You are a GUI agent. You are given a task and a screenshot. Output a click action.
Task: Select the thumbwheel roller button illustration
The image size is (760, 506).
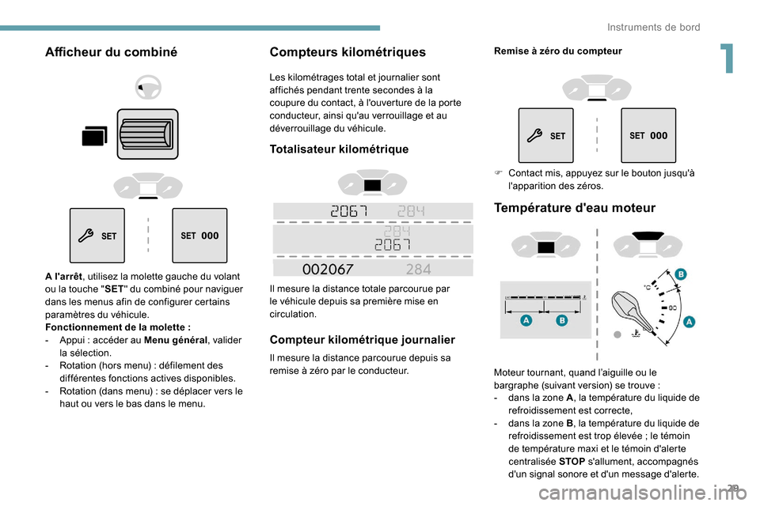pos(148,134)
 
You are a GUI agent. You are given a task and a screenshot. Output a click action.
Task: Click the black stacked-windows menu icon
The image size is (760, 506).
pos(93,137)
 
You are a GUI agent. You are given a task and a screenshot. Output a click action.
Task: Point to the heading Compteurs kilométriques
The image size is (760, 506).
pos(348,52)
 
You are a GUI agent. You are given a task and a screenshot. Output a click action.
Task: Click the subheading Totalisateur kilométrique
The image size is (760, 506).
pos(339,149)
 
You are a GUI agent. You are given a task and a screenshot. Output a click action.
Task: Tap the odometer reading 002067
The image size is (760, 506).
pos(329,269)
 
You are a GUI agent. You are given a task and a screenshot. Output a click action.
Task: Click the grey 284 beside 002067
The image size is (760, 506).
pos(417,269)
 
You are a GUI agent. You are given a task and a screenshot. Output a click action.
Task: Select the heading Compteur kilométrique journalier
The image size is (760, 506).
pos(362,340)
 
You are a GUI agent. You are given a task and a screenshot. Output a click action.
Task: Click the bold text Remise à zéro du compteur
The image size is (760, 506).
pos(557,51)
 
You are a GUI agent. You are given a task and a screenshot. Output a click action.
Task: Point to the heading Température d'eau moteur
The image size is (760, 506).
pos(575,208)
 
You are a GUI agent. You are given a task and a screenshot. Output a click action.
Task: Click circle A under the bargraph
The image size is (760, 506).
pos(526,322)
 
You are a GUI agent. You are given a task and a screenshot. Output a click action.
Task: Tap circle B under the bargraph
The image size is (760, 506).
pos(561,322)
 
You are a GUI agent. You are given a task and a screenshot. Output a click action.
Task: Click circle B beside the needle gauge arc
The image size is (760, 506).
pos(679,274)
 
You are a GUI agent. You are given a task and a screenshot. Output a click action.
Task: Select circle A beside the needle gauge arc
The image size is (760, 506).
pos(688,321)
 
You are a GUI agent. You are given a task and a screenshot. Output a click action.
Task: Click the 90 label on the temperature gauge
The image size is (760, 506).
pos(673,307)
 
